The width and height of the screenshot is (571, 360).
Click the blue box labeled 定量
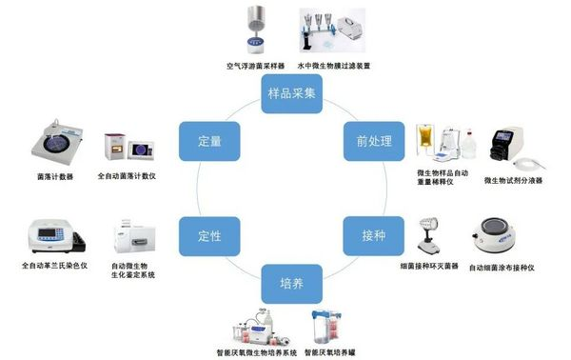coord(209,140)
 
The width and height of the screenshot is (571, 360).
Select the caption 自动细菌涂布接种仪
coord(502,268)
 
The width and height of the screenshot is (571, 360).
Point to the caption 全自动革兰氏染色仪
coord(53,265)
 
